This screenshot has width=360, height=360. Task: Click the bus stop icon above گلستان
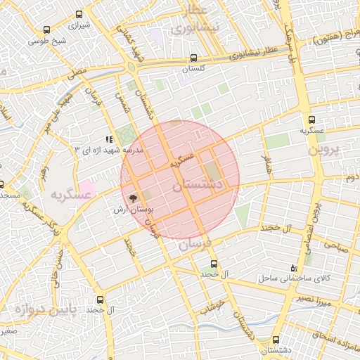193,59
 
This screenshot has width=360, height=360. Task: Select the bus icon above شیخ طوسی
46,30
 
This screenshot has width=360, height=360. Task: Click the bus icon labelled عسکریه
311,120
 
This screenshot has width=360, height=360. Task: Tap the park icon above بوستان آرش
134,198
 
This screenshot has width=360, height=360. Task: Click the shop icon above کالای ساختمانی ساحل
294,268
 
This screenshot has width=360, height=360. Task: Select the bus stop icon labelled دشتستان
276,339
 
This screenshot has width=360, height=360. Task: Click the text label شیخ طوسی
47,41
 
